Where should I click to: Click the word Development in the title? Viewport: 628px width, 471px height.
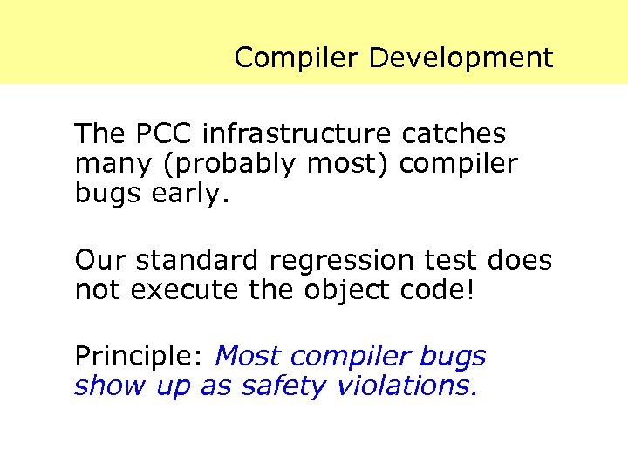[x=461, y=58]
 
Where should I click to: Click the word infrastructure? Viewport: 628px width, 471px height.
[x=297, y=134]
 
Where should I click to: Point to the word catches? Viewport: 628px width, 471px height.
[x=454, y=134]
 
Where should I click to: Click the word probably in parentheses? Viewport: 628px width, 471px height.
[x=207, y=163]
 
